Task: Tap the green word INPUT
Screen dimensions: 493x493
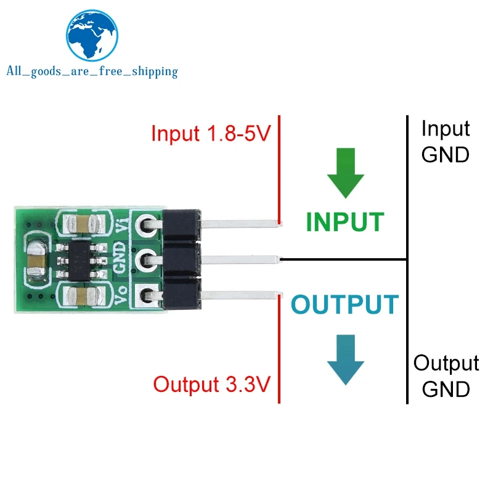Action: (344, 221)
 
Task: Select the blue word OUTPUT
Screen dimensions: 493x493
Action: (344, 304)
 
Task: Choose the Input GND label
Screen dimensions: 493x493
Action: (445, 141)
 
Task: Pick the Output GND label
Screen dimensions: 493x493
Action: (446, 376)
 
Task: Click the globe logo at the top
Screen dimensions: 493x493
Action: (91, 38)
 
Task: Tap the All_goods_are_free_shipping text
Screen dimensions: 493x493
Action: (91, 71)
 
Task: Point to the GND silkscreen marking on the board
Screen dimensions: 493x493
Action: (121, 259)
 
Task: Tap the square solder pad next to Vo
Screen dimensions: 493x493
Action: (147, 294)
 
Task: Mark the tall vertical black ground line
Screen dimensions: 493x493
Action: (407, 259)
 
